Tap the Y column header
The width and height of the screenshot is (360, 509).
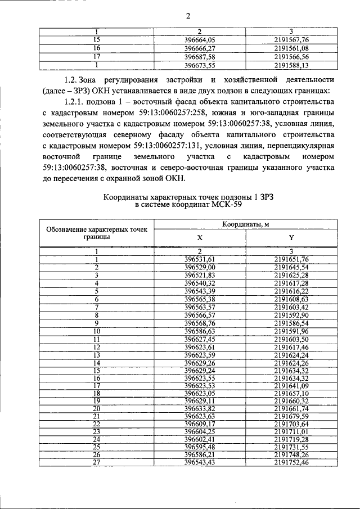click(x=291, y=238)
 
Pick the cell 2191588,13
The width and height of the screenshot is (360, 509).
click(x=291, y=65)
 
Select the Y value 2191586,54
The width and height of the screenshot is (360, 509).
click(x=291, y=323)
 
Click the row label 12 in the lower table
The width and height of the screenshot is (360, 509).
click(x=96, y=346)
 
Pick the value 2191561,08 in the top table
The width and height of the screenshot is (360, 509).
click(x=291, y=48)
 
